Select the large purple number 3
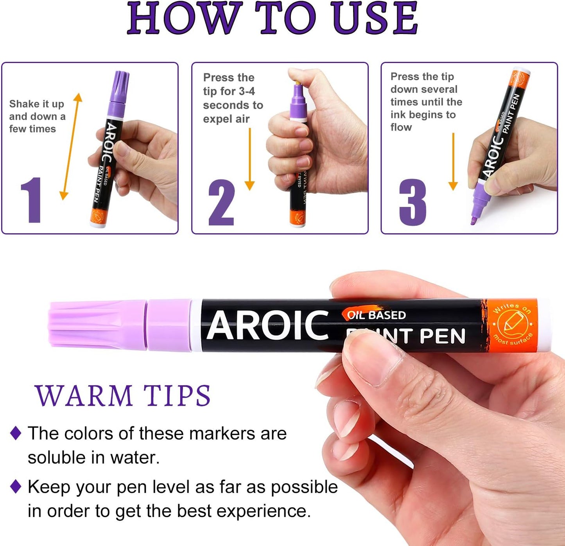pyautogui.click(x=413, y=202)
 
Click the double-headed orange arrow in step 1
pyautogui.click(x=71, y=147)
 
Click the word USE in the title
pyautogui.click(x=375, y=18)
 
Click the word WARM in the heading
pyautogui.click(x=84, y=396)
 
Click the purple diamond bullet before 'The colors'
pyautogui.click(x=16, y=433)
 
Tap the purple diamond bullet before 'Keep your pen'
pyautogui.click(x=16, y=487)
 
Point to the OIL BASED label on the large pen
pyautogui.click(x=376, y=315)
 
